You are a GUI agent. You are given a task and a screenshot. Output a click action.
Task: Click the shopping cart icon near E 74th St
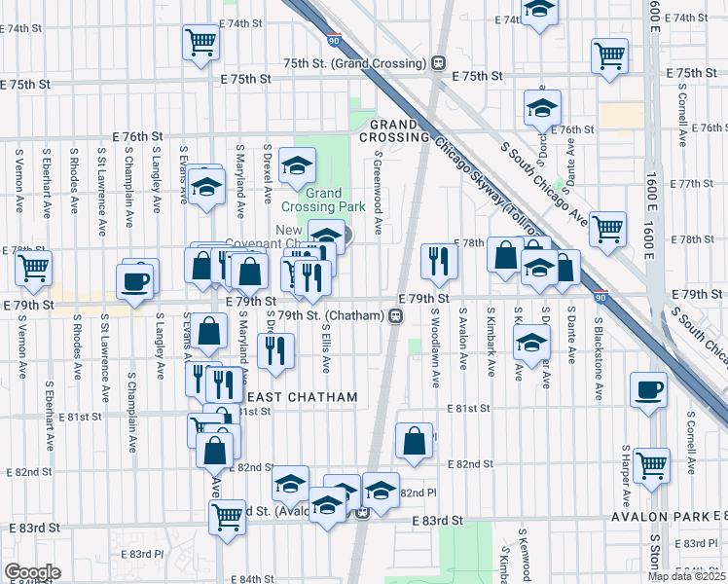click(x=200, y=40)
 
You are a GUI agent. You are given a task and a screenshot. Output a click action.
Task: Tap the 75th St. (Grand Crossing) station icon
click(x=439, y=63)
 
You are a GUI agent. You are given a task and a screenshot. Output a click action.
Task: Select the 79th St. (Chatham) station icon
click(x=395, y=315)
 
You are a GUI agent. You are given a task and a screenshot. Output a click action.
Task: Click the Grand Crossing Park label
click(x=324, y=200)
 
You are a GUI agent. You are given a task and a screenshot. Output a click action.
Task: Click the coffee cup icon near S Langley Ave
click(x=135, y=280)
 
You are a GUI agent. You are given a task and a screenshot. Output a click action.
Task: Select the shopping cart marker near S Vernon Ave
click(x=33, y=266)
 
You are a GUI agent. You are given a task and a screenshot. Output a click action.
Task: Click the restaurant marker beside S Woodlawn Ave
click(x=439, y=260)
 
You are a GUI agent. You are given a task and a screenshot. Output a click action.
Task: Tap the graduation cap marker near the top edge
click(x=538, y=10)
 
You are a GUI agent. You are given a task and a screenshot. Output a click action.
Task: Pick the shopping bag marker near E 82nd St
click(x=414, y=440)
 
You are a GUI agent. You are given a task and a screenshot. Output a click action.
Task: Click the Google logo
click(x=31, y=572)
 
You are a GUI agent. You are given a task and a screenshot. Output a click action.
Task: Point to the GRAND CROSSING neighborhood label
click(x=393, y=131)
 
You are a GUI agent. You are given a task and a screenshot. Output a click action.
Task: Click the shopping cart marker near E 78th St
click(x=607, y=229)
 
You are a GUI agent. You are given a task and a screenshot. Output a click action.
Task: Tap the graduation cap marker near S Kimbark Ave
click(x=531, y=343)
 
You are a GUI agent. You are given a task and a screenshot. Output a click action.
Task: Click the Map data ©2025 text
click(x=686, y=576)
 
